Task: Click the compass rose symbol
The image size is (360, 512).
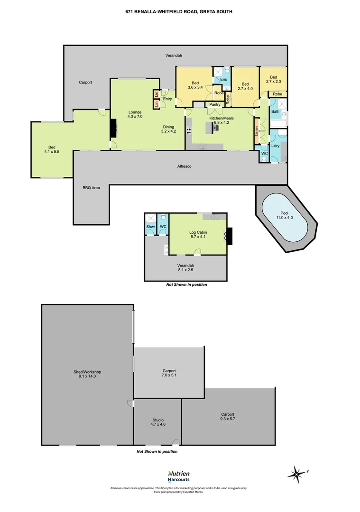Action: point(296,474)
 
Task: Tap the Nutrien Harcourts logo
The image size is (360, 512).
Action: point(179,476)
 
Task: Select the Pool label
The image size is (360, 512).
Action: point(285,213)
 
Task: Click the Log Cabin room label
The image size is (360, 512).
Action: point(198,232)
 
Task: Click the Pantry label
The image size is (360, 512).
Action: point(215,104)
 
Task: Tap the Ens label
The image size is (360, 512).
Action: point(223,79)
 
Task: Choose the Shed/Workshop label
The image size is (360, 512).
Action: point(87,372)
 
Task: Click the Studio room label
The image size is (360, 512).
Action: point(158,420)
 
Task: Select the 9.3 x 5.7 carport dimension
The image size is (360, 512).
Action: point(228,419)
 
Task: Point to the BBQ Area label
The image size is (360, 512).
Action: point(91,188)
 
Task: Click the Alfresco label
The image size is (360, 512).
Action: point(184,166)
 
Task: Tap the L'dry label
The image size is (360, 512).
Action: point(276,146)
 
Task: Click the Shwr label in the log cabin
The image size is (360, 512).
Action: point(151,227)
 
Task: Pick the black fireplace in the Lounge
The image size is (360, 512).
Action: point(113,128)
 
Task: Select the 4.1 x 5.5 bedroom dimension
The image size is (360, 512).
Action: point(52,152)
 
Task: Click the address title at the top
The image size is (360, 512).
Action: point(179,11)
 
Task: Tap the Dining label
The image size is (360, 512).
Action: point(168,127)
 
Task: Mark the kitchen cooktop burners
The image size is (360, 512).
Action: point(188,131)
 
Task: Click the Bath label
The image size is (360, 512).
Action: point(276,111)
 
